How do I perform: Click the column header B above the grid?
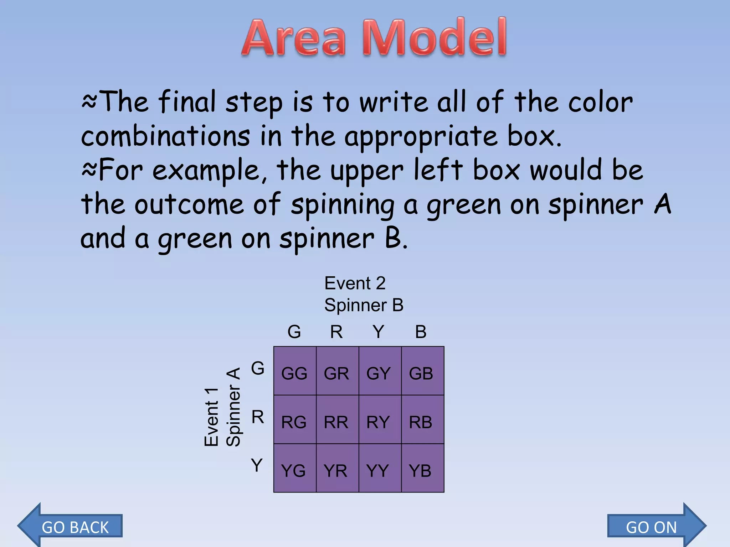coord(421,332)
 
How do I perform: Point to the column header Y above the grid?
coord(379,332)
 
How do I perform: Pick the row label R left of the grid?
coord(258,417)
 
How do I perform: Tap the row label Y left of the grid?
coord(257,465)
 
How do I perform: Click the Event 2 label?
coord(355,283)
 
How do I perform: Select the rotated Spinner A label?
coord(233,407)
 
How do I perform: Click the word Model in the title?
coord(435,38)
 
